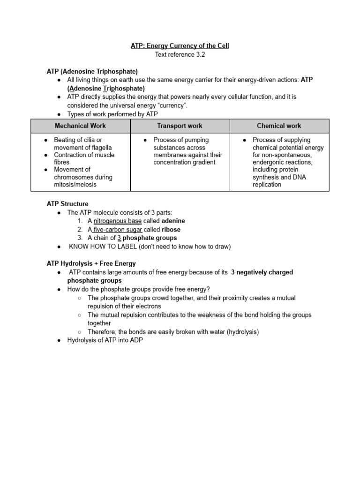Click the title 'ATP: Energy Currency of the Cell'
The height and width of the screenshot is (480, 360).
pyautogui.click(x=180, y=46)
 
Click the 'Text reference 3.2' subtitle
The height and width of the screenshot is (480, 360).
pyautogui.click(x=180, y=54)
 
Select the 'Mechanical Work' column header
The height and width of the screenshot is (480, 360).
pyautogui.click(x=80, y=126)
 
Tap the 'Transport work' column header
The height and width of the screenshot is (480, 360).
pyautogui.click(x=180, y=126)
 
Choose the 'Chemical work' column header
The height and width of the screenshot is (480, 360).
pyautogui.click(x=279, y=126)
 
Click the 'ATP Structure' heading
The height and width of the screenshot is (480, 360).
pyautogui.click(x=67, y=204)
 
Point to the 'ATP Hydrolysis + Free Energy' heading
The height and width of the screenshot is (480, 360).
pyautogui.click(x=91, y=263)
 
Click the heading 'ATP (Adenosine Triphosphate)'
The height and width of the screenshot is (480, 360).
pyautogui.click(x=92, y=71)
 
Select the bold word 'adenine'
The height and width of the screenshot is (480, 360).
pyautogui.click(x=173, y=221)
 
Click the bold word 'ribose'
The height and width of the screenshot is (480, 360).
pyautogui.click(x=171, y=230)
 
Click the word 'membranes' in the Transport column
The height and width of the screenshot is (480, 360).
pyautogui.click(x=169, y=155)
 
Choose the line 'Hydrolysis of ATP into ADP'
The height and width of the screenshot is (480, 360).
pyautogui.click(x=105, y=340)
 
